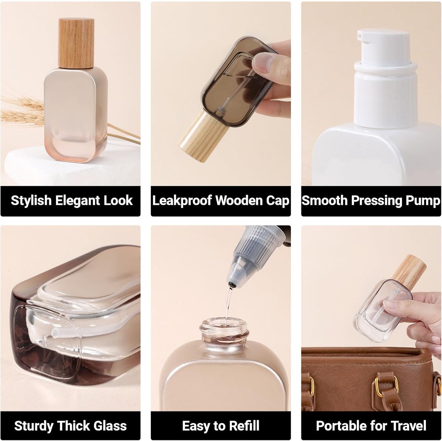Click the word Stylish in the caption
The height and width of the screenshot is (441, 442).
31,201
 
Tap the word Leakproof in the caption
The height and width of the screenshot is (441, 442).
182,201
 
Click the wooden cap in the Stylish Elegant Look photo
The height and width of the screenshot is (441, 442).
76,43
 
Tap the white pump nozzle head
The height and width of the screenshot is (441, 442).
383,46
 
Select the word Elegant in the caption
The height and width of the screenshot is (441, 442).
78,201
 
